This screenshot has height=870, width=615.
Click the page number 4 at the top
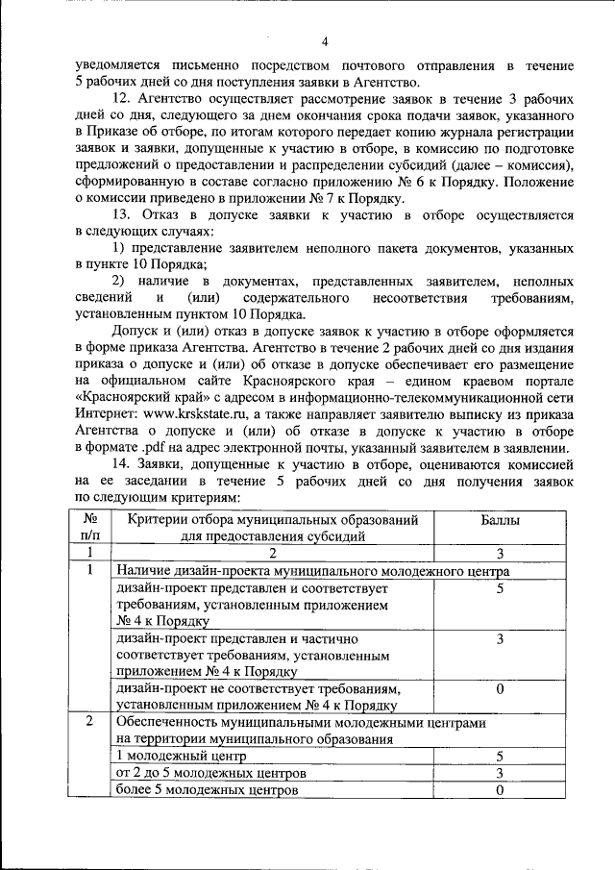click(324, 40)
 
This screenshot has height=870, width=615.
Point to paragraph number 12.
click(123, 99)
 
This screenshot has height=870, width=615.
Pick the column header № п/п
click(89, 528)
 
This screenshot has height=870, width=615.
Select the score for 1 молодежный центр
click(501, 757)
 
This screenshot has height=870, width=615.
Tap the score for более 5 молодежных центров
click(501, 789)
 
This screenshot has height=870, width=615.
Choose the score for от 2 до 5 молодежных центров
click(501, 773)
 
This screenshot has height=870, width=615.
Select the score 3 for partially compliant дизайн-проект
click(501, 638)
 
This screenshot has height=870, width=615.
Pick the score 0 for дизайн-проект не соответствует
click(501, 689)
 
